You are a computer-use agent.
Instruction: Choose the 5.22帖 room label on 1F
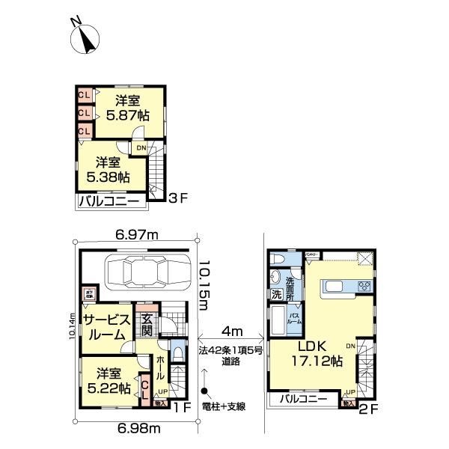coord(109,381)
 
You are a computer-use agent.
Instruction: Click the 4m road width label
coord(230,330)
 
